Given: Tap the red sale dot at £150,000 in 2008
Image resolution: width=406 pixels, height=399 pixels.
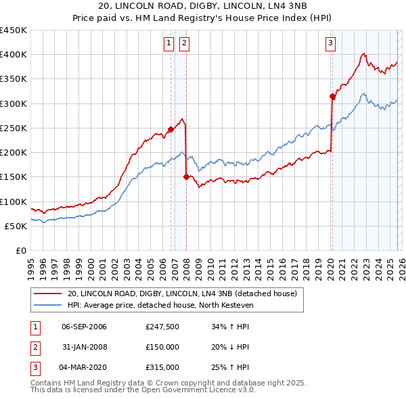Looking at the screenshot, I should tap(186, 177).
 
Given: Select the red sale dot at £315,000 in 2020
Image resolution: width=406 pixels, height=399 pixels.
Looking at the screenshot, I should tap(332, 96).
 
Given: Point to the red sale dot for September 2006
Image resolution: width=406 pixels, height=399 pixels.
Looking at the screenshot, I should tap(171, 129).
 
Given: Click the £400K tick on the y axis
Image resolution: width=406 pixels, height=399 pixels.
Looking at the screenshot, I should tap(14, 55).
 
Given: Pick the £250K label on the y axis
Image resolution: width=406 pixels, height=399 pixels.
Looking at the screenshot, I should tap(14, 128).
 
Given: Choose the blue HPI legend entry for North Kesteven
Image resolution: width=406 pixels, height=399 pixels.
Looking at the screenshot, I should tap(160, 306).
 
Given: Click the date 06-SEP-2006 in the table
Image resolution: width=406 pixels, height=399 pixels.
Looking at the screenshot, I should tap(85, 327).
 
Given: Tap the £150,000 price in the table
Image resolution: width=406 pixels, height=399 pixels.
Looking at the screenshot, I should tap(162, 347).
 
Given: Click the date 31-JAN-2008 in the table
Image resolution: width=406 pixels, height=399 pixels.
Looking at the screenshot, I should tap(85, 347).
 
